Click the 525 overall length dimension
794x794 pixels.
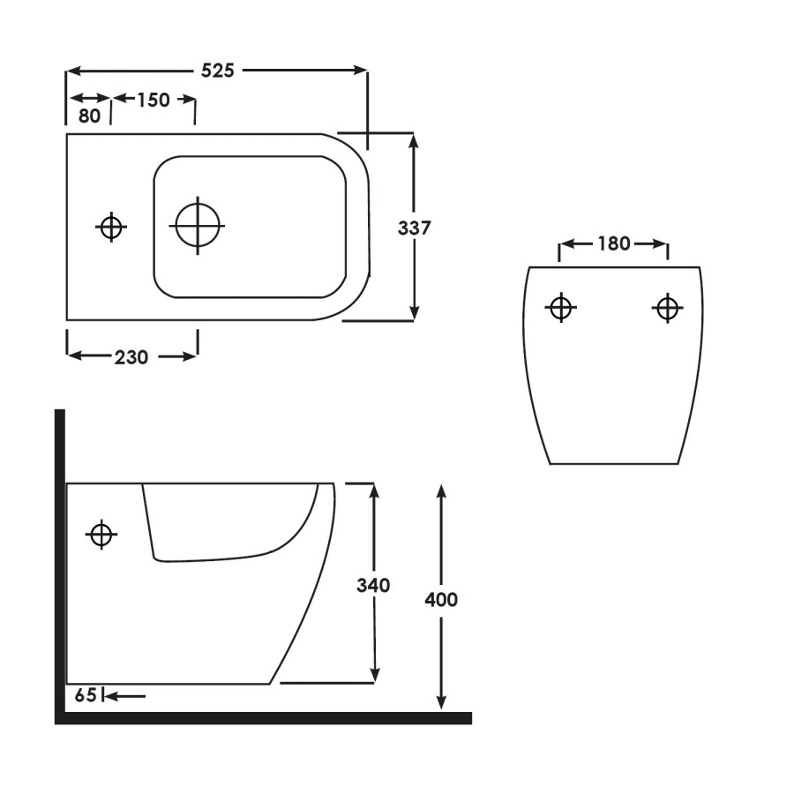pos(217,71)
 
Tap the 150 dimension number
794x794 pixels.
pos(153,100)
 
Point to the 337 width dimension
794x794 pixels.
pos(414,228)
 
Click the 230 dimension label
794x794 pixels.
pos(131,356)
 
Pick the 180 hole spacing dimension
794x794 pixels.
pos(613,243)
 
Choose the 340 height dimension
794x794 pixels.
pos(373,585)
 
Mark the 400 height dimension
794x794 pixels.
pos(441,600)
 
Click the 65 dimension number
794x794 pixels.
pos(85,696)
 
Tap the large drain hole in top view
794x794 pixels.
pos(198,225)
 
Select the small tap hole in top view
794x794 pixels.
pos(110,227)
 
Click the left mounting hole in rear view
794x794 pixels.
pos(560,308)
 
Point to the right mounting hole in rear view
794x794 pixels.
pos(667,308)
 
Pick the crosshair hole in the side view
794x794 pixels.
pos(101,534)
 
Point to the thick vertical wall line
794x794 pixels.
pos(60,565)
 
